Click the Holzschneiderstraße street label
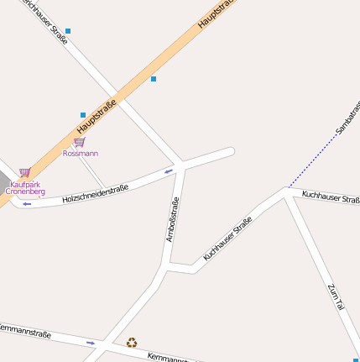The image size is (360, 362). (96, 194)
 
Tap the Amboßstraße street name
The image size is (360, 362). (172, 219)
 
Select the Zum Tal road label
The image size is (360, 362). (336, 300)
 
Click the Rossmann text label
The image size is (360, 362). (81, 154)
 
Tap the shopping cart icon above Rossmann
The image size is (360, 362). (79, 142)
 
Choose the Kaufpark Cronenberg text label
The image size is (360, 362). (25, 187)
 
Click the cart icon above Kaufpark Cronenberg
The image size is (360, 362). (24, 172)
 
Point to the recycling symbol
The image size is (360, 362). (132, 342)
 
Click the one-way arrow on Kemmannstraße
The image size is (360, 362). (91, 343)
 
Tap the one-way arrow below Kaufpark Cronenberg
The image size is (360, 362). (27, 204)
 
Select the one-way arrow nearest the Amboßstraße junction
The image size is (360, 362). (169, 171)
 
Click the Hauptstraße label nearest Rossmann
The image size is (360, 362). (95, 117)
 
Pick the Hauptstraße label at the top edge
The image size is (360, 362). (215, 14)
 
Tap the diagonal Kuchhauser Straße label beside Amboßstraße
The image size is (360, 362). (227, 239)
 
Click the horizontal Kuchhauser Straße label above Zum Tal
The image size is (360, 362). (331, 197)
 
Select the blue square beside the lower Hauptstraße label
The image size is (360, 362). (83, 114)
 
